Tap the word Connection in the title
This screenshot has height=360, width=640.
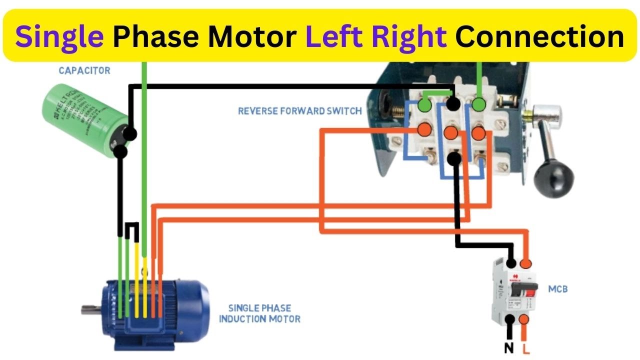point(539,36)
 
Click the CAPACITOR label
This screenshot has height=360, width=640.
point(84,70)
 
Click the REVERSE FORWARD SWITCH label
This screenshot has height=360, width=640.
point(299,111)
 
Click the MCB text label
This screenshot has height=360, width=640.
point(558,289)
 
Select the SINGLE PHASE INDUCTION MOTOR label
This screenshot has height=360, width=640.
point(259,313)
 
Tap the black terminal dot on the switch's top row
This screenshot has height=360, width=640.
point(453,104)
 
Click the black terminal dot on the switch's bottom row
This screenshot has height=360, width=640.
point(453,158)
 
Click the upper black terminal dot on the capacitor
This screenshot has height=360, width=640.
point(129,134)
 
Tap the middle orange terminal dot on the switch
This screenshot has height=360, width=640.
point(450,132)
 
